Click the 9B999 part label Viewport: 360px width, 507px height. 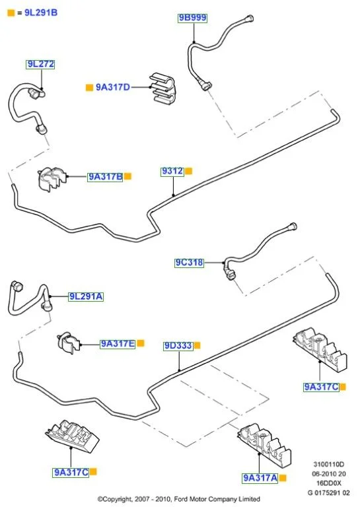(x=192, y=18)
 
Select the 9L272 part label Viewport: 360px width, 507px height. (x=40, y=64)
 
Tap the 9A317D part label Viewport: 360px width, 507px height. (x=113, y=87)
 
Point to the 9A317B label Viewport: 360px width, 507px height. (x=106, y=177)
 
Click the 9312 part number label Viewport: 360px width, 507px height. (x=172, y=172)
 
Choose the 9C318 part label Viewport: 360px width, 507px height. (x=189, y=263)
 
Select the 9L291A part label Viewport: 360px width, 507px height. (x=86, y=296)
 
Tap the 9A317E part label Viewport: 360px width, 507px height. (x=118, y=344)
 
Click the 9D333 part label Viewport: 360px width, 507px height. (x=178, y=346)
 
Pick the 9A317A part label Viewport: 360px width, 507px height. (x=260, y=478)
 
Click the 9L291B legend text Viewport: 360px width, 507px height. (x=41, y=13)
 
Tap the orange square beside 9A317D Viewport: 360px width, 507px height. (x=89, y=87)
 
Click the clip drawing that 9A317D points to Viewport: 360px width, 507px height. (x=162, y=88)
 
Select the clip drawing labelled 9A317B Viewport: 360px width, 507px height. (x=52, y=179)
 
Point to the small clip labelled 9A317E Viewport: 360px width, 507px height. (x=68, y=343)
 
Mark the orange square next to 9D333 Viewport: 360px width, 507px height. (x=197, y=346)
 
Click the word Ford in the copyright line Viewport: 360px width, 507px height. (x=182, y=499)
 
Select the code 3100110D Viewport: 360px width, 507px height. (x=329, y=464)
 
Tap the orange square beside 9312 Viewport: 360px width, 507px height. (x=188, y=171)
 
